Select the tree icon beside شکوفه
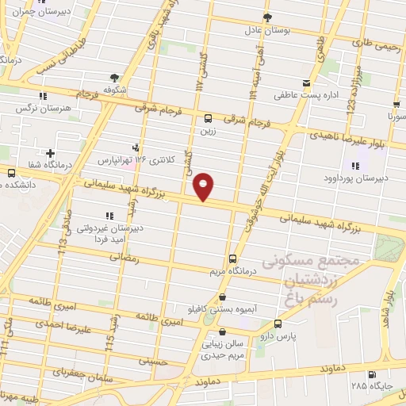[115, 78]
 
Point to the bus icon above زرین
[209, 119]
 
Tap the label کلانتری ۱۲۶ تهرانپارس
[128, 159]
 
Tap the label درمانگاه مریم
[232, 272]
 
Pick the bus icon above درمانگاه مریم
[232, 259]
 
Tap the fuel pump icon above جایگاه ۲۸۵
[372, 375]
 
